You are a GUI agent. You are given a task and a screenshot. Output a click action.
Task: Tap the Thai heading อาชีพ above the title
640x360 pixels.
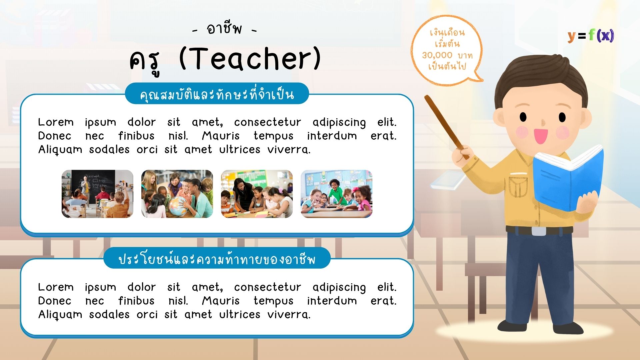point(224,29)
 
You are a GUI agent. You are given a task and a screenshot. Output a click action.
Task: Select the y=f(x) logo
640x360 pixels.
point(591,35)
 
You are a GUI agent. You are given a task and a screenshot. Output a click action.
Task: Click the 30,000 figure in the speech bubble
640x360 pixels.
point(437,55)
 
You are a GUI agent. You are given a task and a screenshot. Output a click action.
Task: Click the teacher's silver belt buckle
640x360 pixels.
point(539,231)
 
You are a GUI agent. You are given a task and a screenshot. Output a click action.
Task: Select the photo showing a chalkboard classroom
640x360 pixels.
point(97,194)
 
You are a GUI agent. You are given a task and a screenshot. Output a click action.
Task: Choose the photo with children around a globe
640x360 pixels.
point(177,194)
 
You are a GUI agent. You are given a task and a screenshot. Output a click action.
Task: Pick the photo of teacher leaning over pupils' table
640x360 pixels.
point(257,194)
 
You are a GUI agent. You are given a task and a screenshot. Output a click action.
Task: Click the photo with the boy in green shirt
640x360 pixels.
point(336,194)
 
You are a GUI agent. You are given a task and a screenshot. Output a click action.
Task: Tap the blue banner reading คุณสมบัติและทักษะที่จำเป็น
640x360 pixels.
point(217,94)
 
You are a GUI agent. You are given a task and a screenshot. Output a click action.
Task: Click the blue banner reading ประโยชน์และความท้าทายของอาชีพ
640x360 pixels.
point(217,258)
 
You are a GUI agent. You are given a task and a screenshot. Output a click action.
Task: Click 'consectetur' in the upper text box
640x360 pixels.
point(267,122)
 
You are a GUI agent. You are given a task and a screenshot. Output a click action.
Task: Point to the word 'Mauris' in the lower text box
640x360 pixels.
point(221,301)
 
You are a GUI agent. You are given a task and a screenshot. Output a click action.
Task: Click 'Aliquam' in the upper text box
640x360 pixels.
point(60,150)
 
